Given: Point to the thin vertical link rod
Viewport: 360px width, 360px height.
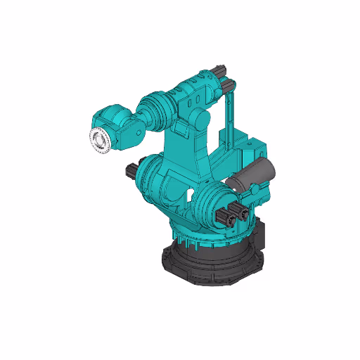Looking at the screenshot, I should (x=230, y=120).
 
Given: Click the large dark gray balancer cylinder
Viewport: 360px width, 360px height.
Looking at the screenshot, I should (x=256, y=172).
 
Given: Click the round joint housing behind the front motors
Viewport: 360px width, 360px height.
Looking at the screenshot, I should (x=208, y=204).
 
